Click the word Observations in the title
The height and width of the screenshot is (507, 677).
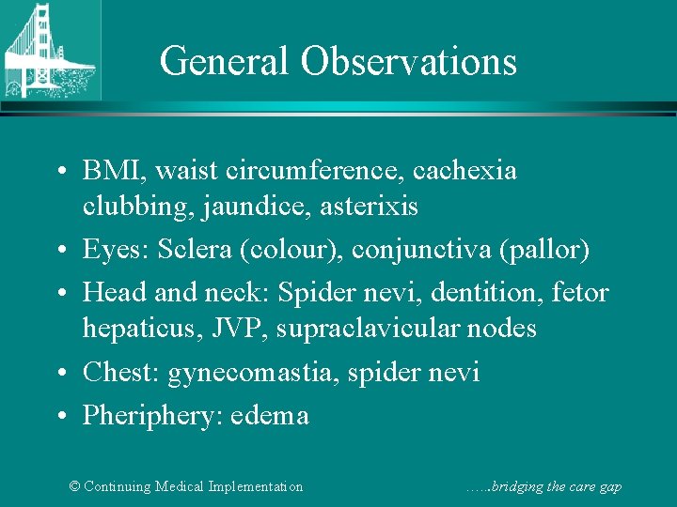pyautogui.click(x=409, y=62)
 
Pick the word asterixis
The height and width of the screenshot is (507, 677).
pyautogui.click(x=369, y=206)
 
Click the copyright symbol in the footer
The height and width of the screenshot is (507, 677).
pyautogui.click(x=76, y=486)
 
